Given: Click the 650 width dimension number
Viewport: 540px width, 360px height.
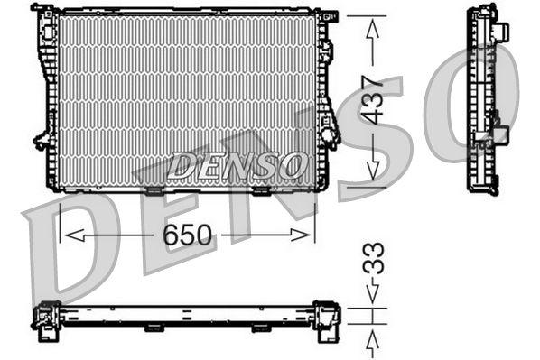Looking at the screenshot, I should click(188, 236).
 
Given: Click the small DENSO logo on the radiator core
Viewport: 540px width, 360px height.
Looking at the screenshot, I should click(237, 165).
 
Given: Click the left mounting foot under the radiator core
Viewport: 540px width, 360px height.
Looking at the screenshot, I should click(154, 190).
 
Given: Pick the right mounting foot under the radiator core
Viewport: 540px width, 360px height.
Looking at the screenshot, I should click(261, 190).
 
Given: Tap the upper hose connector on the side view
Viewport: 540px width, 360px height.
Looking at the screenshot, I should click(498, 32).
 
